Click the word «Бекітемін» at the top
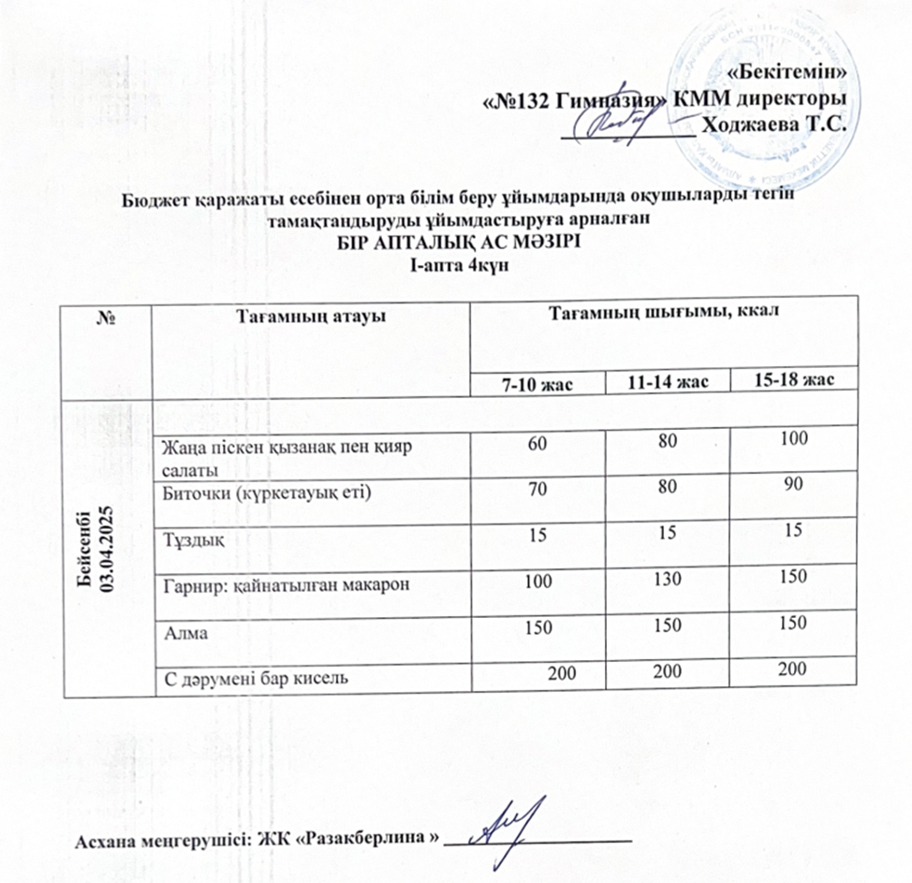pos(791,72)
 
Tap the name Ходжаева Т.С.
pos(773,123)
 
